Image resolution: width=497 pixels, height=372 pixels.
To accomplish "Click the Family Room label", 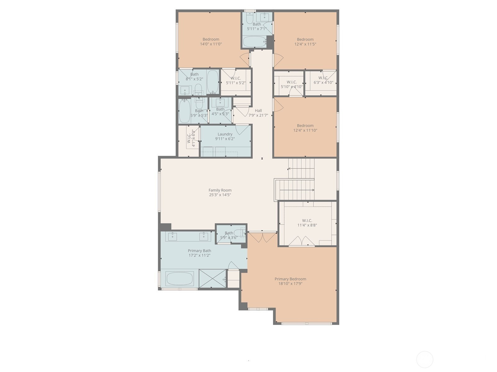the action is point(220,190).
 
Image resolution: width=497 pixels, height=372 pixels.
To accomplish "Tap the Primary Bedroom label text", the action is point(290,279).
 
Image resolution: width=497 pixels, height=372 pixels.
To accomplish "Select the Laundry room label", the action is point(225,134).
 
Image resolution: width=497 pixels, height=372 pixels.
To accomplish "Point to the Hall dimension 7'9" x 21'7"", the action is point(258,115).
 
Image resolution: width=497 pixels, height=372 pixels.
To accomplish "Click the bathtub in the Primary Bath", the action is point(180,279).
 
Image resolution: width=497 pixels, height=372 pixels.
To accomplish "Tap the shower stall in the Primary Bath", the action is point(212,278).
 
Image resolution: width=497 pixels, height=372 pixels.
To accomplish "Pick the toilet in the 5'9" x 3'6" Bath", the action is point(239,233).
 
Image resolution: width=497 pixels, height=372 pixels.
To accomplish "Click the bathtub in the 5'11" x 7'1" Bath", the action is point(254,42).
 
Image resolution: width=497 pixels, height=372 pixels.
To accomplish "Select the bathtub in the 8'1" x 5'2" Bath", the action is point(212,82).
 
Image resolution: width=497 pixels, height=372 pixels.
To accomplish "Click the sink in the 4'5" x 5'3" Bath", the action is point(220,102).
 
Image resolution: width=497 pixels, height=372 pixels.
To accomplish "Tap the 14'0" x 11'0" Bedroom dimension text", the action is point(211,44).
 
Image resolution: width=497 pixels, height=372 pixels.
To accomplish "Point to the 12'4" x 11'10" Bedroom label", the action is point(305,126).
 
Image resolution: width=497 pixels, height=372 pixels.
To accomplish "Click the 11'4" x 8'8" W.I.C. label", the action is point(307,220).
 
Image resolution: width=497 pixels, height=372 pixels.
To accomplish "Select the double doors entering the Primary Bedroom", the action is point(262,237).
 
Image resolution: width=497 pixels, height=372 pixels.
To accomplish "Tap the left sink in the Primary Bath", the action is point(172,236).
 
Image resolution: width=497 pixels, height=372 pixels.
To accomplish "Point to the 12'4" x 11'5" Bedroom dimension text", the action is point(305,44).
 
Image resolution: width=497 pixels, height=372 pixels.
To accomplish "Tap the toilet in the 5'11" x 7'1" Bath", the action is point(249,18).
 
